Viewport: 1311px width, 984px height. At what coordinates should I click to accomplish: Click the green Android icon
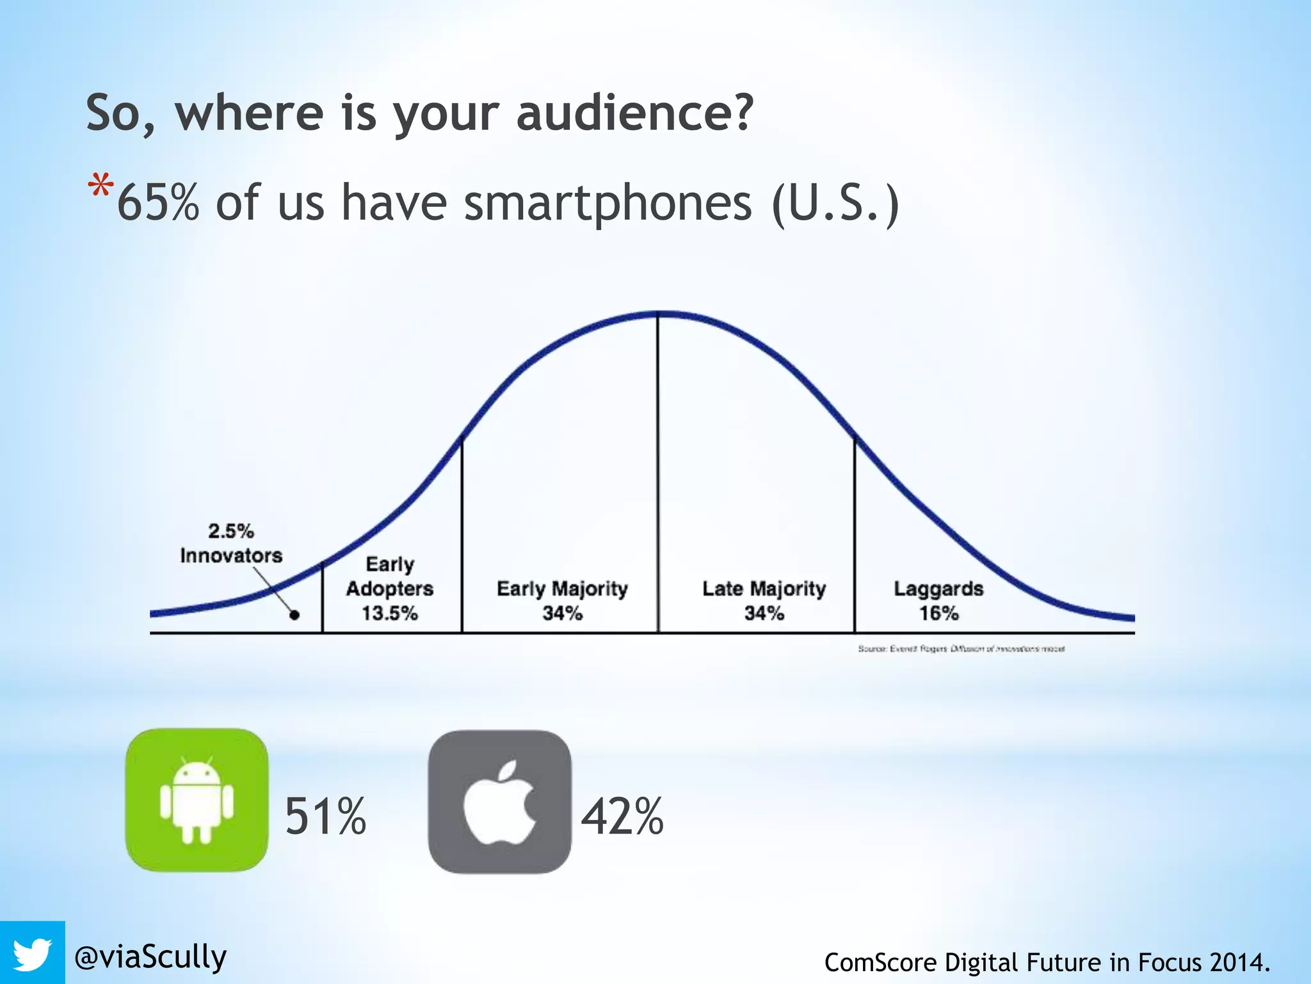tap(197, 799)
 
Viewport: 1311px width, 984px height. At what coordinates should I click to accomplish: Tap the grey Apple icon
tap(499, 801)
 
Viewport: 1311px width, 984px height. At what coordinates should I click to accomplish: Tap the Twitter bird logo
tap(32, 953)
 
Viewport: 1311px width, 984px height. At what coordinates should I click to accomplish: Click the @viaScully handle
tap(150, 957)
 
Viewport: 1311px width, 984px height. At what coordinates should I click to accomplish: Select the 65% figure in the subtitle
tap(158, 202)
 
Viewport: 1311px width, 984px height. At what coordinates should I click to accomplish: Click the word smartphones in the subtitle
tap(607, 202)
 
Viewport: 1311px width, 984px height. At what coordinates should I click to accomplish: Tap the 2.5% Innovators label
tap(231, 543)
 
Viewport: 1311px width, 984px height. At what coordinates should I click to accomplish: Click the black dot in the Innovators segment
tap(294, 615)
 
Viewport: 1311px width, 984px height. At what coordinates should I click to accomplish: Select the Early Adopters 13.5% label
tap(390, 589)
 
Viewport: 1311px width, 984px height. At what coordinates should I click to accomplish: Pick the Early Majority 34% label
tap(562, 600)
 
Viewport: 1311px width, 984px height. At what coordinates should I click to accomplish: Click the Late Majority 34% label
tap(764, 600)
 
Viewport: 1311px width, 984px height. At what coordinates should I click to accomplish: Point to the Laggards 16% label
tap(938, 600)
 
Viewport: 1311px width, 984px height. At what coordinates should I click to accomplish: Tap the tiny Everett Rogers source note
tap(961, 649)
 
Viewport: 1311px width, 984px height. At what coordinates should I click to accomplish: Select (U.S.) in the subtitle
tap(835, 202)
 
